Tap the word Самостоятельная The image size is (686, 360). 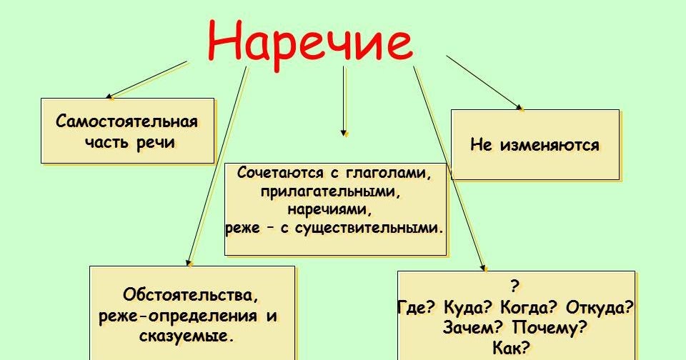(x=126, y=121)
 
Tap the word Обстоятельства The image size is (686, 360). (x=190, y=294)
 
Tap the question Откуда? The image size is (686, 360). (x=598, y=308)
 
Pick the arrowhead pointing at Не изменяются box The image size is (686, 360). (x=520, y=108)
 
